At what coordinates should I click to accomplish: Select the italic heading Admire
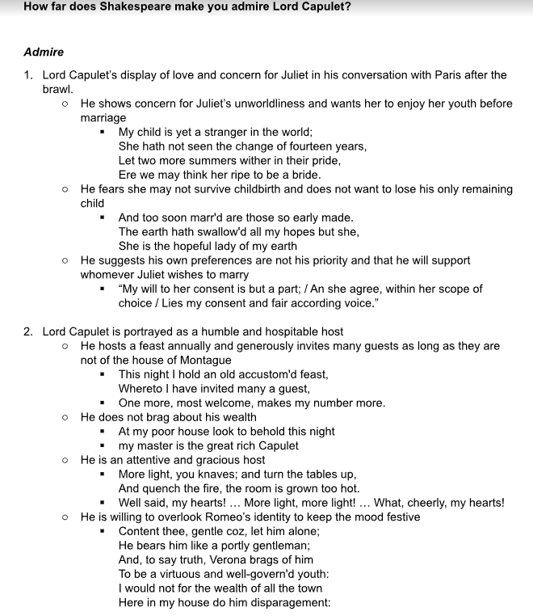[44, 53]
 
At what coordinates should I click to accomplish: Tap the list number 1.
[28, 75]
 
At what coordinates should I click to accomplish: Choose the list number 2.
[28, 331]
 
